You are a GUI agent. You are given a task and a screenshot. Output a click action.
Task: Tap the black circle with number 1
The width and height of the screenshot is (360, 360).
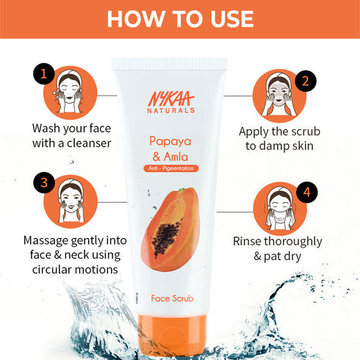[43, 73]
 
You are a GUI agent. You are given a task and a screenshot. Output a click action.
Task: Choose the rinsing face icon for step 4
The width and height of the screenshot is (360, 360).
[279, 208]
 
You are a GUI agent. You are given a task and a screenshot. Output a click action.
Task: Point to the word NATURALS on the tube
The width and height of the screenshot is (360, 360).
[175, 110]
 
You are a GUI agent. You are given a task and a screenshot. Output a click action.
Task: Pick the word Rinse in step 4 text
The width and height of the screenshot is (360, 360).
[251, 240]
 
